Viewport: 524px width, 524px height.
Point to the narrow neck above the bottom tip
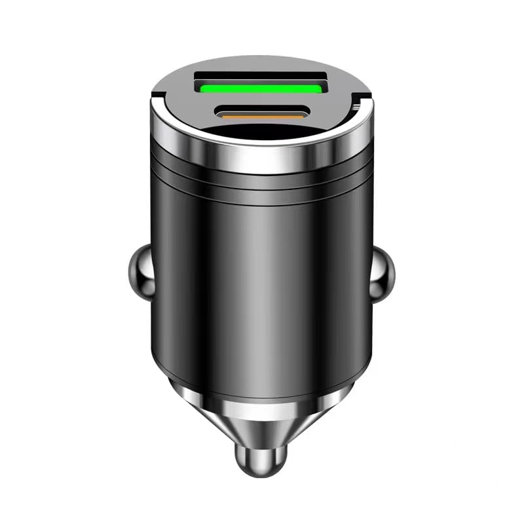pyautogui.click(x=262, y=443)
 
